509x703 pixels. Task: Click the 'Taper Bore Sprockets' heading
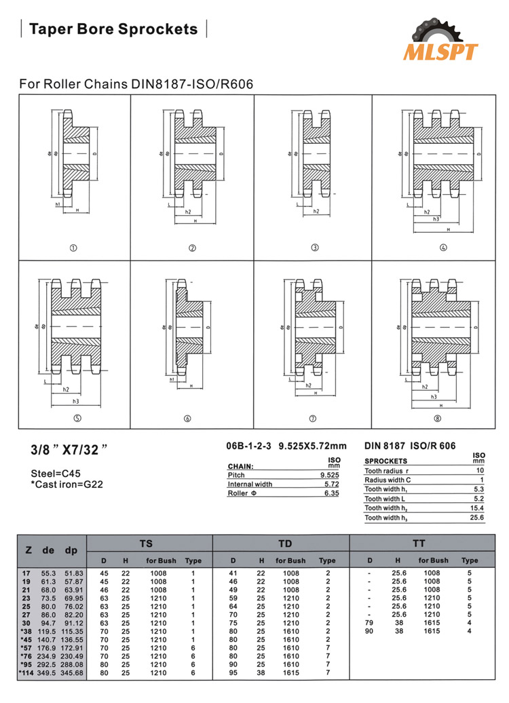click(x=113, y=29)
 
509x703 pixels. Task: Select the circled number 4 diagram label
click(x=443, y=248)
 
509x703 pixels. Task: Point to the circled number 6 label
click(x=187, y=419)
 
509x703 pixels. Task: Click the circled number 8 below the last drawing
click(x=438, y=419)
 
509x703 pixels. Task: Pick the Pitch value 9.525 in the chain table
click(x=329, y=476)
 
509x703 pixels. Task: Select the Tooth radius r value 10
click(x=480, y=470)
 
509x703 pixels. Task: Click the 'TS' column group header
click(x=146, y=544)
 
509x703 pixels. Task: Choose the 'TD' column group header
click(x=284, y=544)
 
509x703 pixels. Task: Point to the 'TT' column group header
click(x=419, y=544)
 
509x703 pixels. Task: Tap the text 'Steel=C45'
click(x=56, y=473)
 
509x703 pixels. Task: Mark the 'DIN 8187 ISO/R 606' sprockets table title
click(x=410, y=446)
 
